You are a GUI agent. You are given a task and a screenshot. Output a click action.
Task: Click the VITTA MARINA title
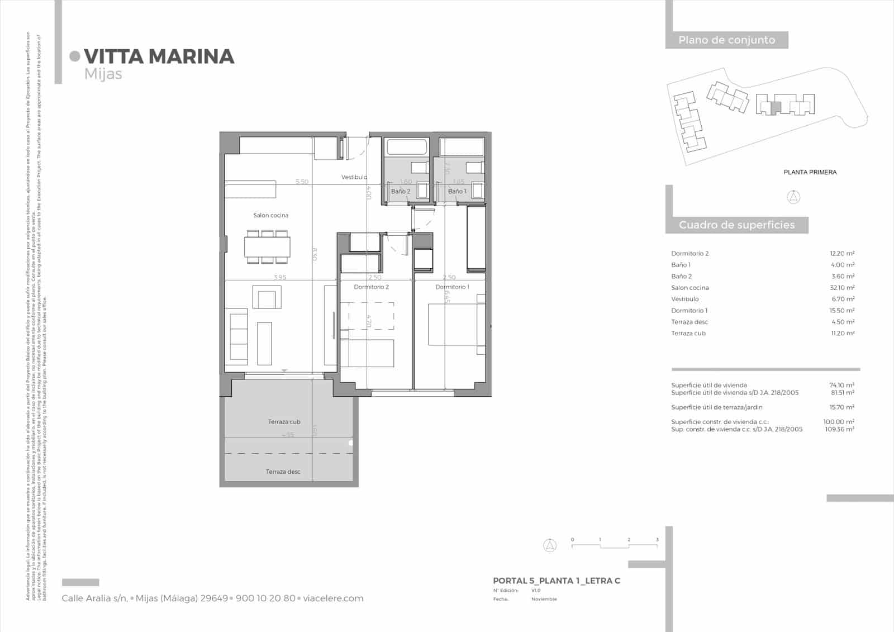(x=159, y=56)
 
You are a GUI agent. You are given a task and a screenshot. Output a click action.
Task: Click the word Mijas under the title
(x=103, y=74)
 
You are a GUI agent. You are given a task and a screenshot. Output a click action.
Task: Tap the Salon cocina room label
(x=270, y=215)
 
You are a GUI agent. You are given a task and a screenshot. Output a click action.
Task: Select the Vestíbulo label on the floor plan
(x=354, y=177)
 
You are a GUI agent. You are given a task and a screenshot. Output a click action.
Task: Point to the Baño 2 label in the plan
(x=400, y=191)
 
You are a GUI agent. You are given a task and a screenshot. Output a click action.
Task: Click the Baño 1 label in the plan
(x=457, y=191)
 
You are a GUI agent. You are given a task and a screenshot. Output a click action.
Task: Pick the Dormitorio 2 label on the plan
(x=371, y=287)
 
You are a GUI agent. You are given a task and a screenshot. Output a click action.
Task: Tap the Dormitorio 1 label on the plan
(x=452, y=287)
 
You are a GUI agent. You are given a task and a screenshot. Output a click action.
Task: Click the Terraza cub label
(x=284, y=422)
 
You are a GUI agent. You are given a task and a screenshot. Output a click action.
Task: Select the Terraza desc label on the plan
(x=283, y=472)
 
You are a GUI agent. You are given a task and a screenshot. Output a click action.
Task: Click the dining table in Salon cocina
(x=267, y=246)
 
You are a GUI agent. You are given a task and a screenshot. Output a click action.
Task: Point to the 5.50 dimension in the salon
(x=302, y=182)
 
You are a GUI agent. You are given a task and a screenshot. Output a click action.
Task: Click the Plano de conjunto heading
(x=726, y=40)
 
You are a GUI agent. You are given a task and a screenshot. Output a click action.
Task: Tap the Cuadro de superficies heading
(x=736, y=225)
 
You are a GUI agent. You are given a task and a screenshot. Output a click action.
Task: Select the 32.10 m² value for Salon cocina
(x=841, y=288)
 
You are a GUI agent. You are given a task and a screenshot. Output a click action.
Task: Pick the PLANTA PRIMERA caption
(x=810, y=172)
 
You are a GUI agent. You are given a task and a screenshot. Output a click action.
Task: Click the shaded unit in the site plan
(x=774, y=108)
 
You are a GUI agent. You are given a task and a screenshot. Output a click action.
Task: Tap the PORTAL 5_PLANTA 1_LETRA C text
(x=556, y=581)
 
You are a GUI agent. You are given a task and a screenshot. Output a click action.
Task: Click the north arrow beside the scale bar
(x=550, y=545)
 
